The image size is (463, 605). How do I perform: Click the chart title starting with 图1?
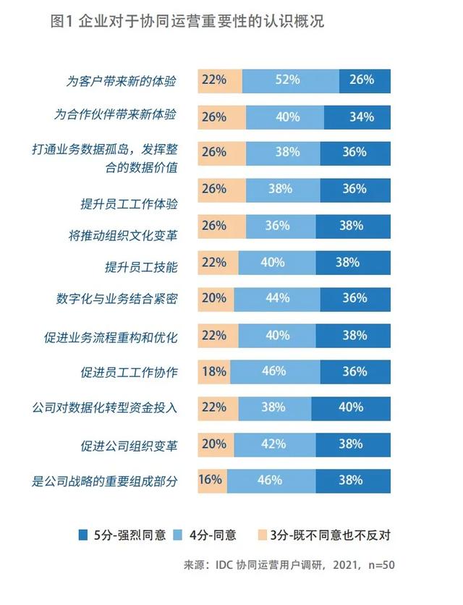pos(187,22)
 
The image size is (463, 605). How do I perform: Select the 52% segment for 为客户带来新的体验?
pos(288,80)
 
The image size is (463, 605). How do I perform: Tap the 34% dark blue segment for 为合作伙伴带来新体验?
pos(357,117)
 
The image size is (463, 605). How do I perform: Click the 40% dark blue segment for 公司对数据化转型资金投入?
pos(351,407)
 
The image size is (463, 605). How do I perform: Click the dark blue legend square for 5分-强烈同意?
pos(83,536)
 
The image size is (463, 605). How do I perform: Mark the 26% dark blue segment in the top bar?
pos(365,80)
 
